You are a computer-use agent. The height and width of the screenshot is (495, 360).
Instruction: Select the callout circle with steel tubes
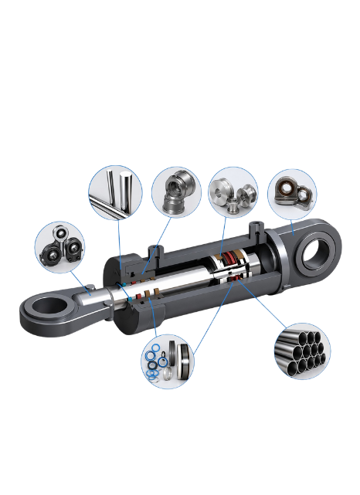(x=302, y=351)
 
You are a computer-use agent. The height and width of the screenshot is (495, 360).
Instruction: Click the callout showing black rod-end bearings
(x=59, y=246)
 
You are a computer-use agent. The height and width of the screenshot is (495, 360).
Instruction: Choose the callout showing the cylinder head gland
(x=176, y=193)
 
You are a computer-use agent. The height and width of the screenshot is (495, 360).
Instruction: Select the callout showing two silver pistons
(x=234, y=192)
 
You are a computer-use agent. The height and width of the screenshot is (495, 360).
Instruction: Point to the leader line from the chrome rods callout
(x=119, y=247)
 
